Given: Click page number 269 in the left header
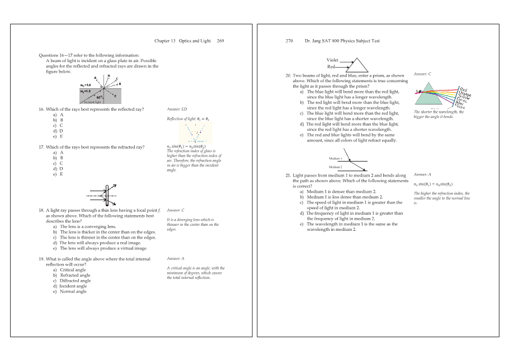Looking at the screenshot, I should click(220, 41).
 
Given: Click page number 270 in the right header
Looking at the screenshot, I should click(289, 41).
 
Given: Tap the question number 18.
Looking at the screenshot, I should click(41, 210).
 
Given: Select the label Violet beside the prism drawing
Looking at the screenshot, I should click(332, 60).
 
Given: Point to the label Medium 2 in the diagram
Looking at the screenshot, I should click(335, 167).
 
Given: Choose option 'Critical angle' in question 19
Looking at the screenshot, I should click(73, 270).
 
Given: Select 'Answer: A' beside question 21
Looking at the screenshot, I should click(422, 175).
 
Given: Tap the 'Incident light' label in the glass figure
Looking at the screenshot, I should click(92, 103).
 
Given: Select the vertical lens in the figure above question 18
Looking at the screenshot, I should click(106, 196).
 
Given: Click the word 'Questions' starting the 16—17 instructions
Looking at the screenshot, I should click(49, 55).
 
